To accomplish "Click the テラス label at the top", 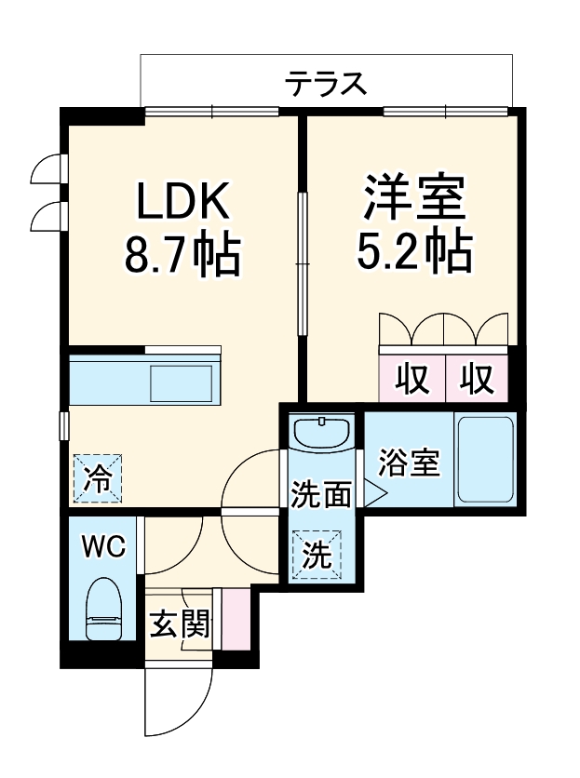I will pyautogui.click(x=325, y=85).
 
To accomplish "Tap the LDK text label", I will pyautogui.click(x=183, y=200).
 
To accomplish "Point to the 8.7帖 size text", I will pyautogui.click(x=183, y=252).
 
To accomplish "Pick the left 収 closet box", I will pyautogui.click(x=411, y=380).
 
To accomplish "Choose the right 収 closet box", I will pyautogui.click(x=477, y=380).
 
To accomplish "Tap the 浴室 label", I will pyautogui.click(x=410, y=463).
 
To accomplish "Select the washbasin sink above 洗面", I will pyautogui.click(x=320, y=432).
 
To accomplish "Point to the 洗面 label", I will pyautogui.click(x=320, y=493).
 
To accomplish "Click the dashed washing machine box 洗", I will pyautogui.click(x=318, y=555).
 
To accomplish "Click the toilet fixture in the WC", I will pyautogui.click(x=103, y=610).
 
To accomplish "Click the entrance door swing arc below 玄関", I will pyautogui.click(x=177, y=707).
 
